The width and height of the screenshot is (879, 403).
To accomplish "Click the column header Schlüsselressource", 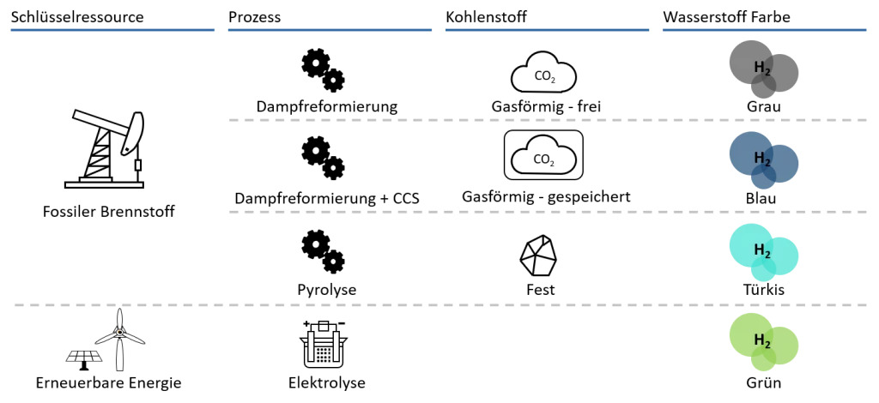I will click(x=76, y=17).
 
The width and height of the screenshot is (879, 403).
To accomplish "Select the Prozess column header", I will click(x=255, y=17).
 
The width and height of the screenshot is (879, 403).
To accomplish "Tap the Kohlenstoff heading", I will click(x=486, y=17).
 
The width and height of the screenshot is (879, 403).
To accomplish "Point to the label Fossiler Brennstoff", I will click(x=107, y=211).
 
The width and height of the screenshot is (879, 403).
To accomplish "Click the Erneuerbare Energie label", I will click(x=107, y=382).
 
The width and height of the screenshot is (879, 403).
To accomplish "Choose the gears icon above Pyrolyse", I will click(x=323, y=250).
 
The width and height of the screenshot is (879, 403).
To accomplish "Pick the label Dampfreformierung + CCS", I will click(x=327, y=198).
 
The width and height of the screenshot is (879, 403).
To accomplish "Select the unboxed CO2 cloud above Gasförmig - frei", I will click(x=543, y=74).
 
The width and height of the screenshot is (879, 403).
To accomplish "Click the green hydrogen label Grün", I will click(x=763, y=383).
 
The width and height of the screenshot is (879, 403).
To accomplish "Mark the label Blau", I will click(x=763, y=197).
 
